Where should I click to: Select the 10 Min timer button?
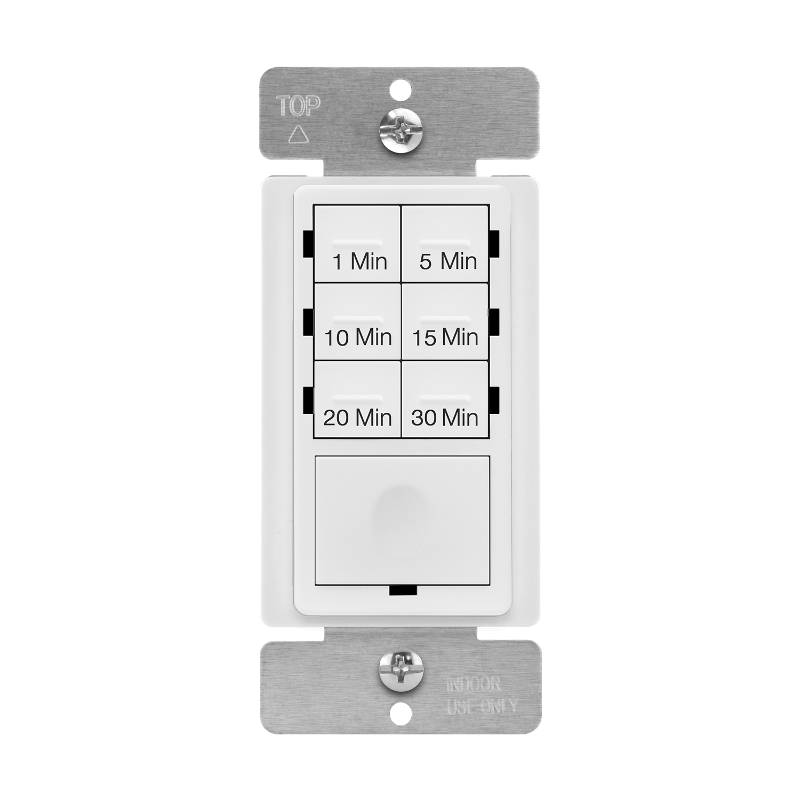click(x=357, y=322)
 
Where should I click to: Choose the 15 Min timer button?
click(x=445, y=322)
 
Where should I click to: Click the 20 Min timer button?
click(x=357, y=400)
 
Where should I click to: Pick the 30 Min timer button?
click(x=445, y=400)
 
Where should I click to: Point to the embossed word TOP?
click(x=298, y=107)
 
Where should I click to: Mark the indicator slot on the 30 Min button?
click(x=445, y=398)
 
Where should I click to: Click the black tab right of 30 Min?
click(x=494, y=400)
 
